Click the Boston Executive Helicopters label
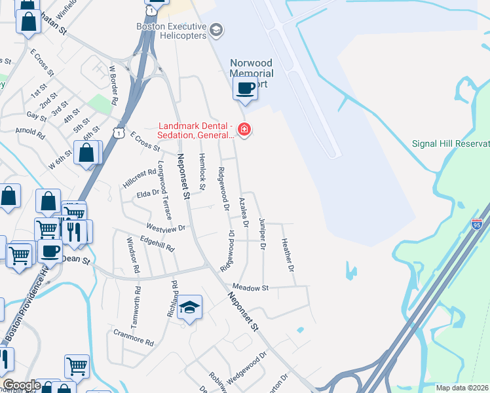(x=171, y=31)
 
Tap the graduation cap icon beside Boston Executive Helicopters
(x=217, y=30)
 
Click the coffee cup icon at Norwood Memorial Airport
(x=245, y=89)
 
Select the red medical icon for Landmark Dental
(x=244, y=130)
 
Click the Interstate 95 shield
(x=476, y=224)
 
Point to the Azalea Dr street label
(x=244, y=212)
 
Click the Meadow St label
(x=251, y=288)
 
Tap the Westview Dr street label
(x=166, y=228)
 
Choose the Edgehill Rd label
(x=157, y=246)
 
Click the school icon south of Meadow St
(x=189, y=308)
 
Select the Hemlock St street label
(x=202, y=172)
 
